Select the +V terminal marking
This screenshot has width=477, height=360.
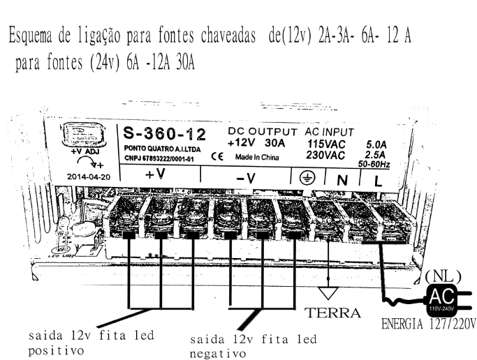[155, 174]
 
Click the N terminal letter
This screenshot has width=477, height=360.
[343, 179]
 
